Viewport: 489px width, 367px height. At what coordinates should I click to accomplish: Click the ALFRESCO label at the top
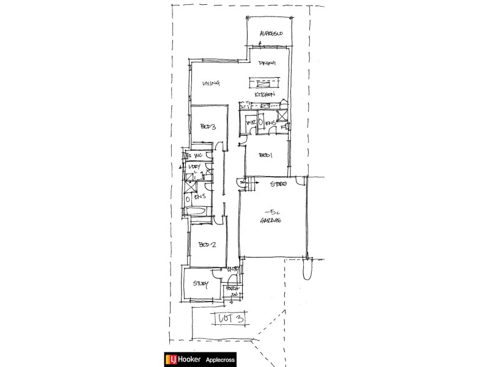270,33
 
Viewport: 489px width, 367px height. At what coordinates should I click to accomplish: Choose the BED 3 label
208,127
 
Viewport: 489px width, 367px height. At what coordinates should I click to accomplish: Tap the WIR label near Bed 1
251,124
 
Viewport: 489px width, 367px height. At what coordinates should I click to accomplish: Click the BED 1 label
265,156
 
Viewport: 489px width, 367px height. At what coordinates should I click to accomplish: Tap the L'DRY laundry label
196,167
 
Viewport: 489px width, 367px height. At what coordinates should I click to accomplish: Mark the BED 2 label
207,245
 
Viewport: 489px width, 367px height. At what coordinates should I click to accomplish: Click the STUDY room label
200,283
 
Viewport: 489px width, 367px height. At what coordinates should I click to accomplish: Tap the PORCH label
231,288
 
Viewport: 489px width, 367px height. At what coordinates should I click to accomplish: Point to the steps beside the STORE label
243,183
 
